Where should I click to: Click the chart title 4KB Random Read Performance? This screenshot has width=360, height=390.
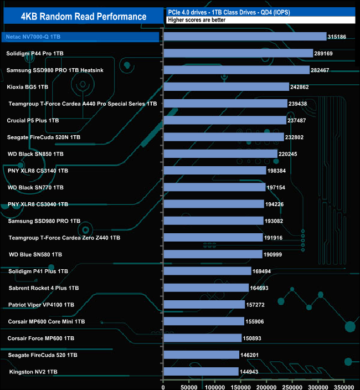click(84, 16)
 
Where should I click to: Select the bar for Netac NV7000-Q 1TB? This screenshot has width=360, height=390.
click(245, 37)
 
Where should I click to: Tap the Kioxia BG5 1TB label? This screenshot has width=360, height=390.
click(28, 87)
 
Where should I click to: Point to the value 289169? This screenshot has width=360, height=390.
click(327, 54)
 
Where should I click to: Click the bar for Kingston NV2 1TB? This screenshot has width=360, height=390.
click(201, 371)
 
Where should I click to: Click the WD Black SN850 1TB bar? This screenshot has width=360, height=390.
click(221, 153)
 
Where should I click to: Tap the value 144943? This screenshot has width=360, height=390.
click(253, 372)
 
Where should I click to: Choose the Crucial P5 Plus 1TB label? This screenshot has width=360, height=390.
click(33, 120)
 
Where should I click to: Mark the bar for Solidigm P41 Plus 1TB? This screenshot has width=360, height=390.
click(208, 271)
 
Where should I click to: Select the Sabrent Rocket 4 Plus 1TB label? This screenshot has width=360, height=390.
click(44, 288)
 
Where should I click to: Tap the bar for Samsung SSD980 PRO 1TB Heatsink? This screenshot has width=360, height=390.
click(237, 70)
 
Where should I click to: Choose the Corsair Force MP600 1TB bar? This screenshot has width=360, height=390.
click(203, 338)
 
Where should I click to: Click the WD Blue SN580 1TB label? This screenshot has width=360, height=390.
click(35, 254)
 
